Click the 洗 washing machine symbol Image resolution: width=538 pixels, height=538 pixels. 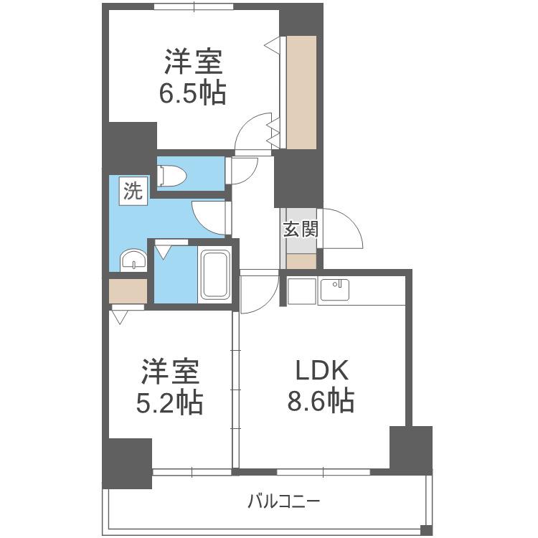click(x=133, y=191)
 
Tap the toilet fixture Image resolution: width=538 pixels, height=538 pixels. click(x=171, y=176)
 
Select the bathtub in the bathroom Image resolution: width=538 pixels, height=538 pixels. click(x=214, y=275)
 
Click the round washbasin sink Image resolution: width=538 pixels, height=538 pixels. click(x=133, y=260)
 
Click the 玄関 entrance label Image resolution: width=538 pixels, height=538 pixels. click(x=301, y=230)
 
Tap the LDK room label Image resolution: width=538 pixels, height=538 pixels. click(x=322, y=370)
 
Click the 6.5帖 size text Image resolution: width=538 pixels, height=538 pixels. click(x=192, y=93)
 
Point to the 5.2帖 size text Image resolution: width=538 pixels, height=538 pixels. click(x=169, y=402)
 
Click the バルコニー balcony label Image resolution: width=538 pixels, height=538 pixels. click(x=284, y=502)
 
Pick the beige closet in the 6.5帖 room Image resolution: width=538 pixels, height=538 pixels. click(x=301, y=93)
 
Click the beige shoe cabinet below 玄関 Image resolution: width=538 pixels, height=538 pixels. click(x=301, y=261)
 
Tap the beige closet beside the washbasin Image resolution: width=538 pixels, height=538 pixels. click(x=128, y=291)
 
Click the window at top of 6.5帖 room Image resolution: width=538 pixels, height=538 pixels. click(x=194, y=6)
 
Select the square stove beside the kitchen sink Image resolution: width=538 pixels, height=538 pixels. click(x=301, y=291)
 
